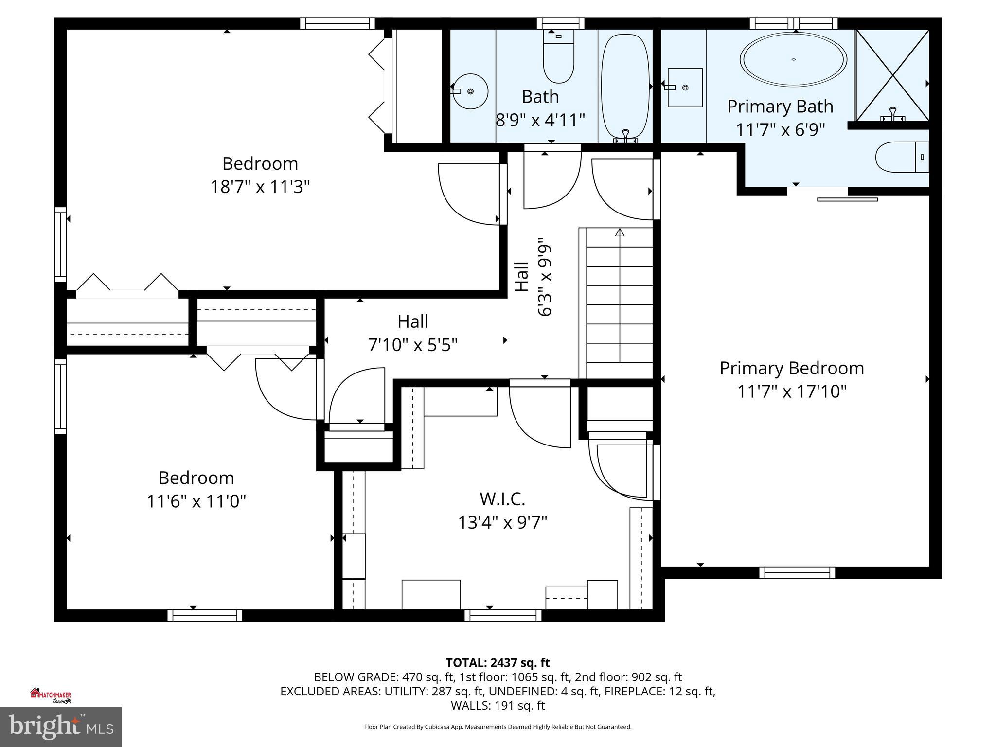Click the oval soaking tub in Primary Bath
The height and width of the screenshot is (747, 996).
pyautogui.click(x=793, y=59)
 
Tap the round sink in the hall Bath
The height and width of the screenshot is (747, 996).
pyautogui.click(x=470, y=91)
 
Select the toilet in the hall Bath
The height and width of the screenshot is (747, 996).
pyautogui.click(x=558, y=61)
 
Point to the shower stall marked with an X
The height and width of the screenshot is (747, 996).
pyautogui.click(x=892, y=75)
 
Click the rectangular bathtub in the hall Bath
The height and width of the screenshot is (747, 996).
pyautogui.click(x=625, y=88)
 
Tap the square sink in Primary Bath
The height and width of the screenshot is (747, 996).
pyautogui.click(x=685, y=88)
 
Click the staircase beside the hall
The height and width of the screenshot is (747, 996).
pyautogui.click(x=619, y=304)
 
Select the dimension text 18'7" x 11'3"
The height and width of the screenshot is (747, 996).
pyautogui.click(x=260, y=187)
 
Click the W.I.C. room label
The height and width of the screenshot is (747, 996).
pyautogui.click(x=502, y=499)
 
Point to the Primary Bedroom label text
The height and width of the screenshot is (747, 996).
pyautogui.click(x=792, y=368)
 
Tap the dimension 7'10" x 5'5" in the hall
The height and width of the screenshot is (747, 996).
pyautogui.click(x=413, y=345)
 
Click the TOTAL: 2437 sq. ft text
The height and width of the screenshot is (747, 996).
pyautogui.click(x=498, y=662)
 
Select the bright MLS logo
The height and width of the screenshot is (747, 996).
pyautogui.click(x=61, y=727)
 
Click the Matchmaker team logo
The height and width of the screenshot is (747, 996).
pyautogui.click(x=51, y=696)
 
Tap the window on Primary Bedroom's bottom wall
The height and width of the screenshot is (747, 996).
pyautogui.click(x=797, y=572)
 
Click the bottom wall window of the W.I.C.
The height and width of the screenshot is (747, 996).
pyautogui.click(x=503, y=615)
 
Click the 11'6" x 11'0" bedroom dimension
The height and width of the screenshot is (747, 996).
pyautogui.click(x=196, y=501)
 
